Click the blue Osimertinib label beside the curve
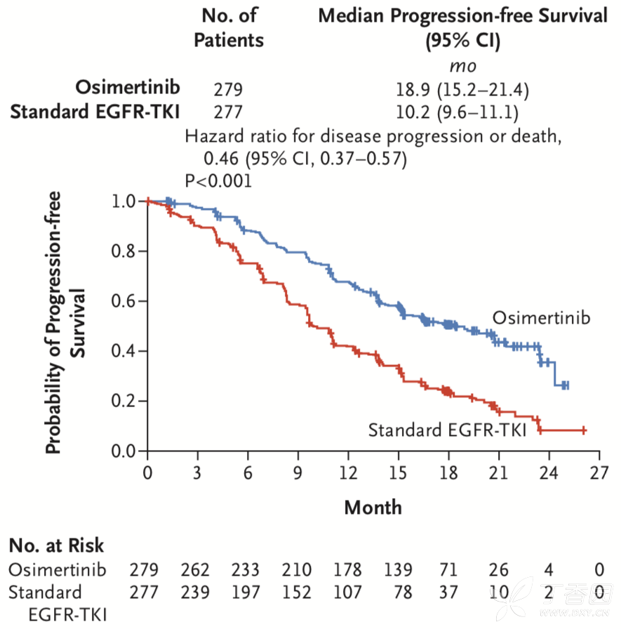541,318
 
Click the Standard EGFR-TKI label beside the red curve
447,430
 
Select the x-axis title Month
373,507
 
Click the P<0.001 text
218,181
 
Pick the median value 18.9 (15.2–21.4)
462,90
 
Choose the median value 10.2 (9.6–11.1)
462,112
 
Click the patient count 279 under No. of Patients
227,90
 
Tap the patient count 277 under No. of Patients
227,112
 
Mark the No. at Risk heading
56,545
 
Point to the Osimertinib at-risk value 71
448,569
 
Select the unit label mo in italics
462,66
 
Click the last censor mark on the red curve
583,430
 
